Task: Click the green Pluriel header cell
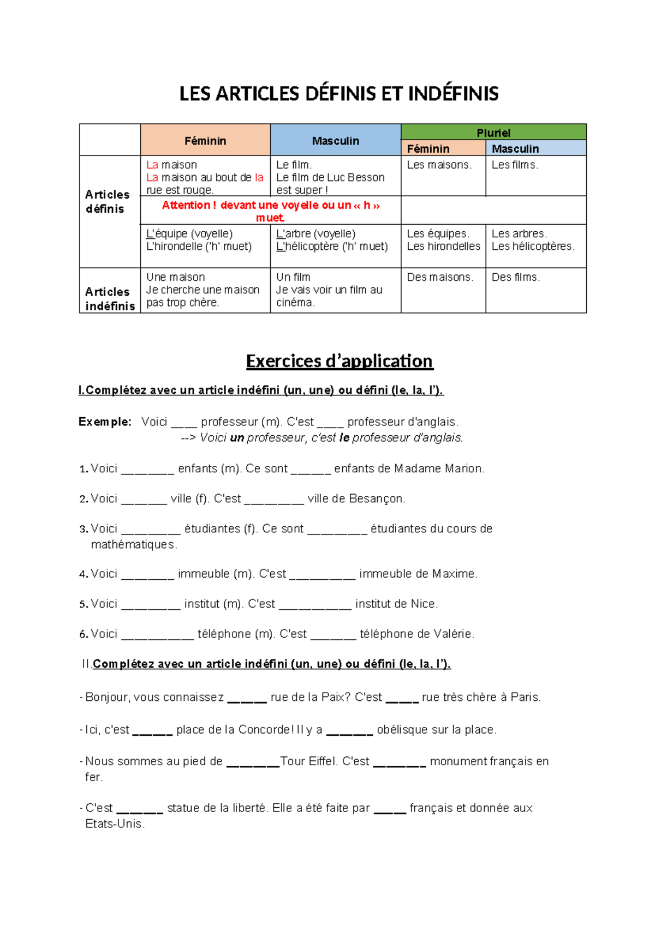coord(493,133)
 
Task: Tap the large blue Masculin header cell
coord(335,141)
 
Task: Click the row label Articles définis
coord(108,202)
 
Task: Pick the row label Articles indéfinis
coord(110,299)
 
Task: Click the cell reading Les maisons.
coord(439,165)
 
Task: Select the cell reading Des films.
coord(516,278)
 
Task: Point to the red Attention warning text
coord(271,211)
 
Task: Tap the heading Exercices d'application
coord(339,361)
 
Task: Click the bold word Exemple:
coord(105,422)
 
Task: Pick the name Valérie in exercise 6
coord(453,634)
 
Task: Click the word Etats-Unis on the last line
coord(114,824)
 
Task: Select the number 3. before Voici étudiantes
coord(84,529)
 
